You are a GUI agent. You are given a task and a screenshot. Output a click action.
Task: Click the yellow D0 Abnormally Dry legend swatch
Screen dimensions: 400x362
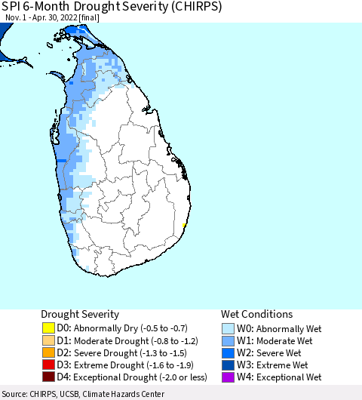pos(49,328)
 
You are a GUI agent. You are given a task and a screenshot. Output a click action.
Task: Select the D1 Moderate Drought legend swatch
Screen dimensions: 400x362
pos(49,340)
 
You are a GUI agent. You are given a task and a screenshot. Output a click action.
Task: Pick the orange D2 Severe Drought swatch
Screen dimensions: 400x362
pos(49,352)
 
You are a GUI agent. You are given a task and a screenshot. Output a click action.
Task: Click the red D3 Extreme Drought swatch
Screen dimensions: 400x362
pos(49,365)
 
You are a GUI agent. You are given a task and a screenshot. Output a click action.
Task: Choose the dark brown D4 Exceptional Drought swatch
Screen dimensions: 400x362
pos(49,377)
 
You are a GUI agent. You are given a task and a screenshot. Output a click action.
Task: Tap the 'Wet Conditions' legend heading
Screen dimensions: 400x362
pos(256,314)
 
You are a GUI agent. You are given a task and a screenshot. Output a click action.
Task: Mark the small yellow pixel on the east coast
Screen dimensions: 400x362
pos(185,225)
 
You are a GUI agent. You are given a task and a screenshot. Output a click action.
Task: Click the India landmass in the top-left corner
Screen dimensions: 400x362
pos(5,30)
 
